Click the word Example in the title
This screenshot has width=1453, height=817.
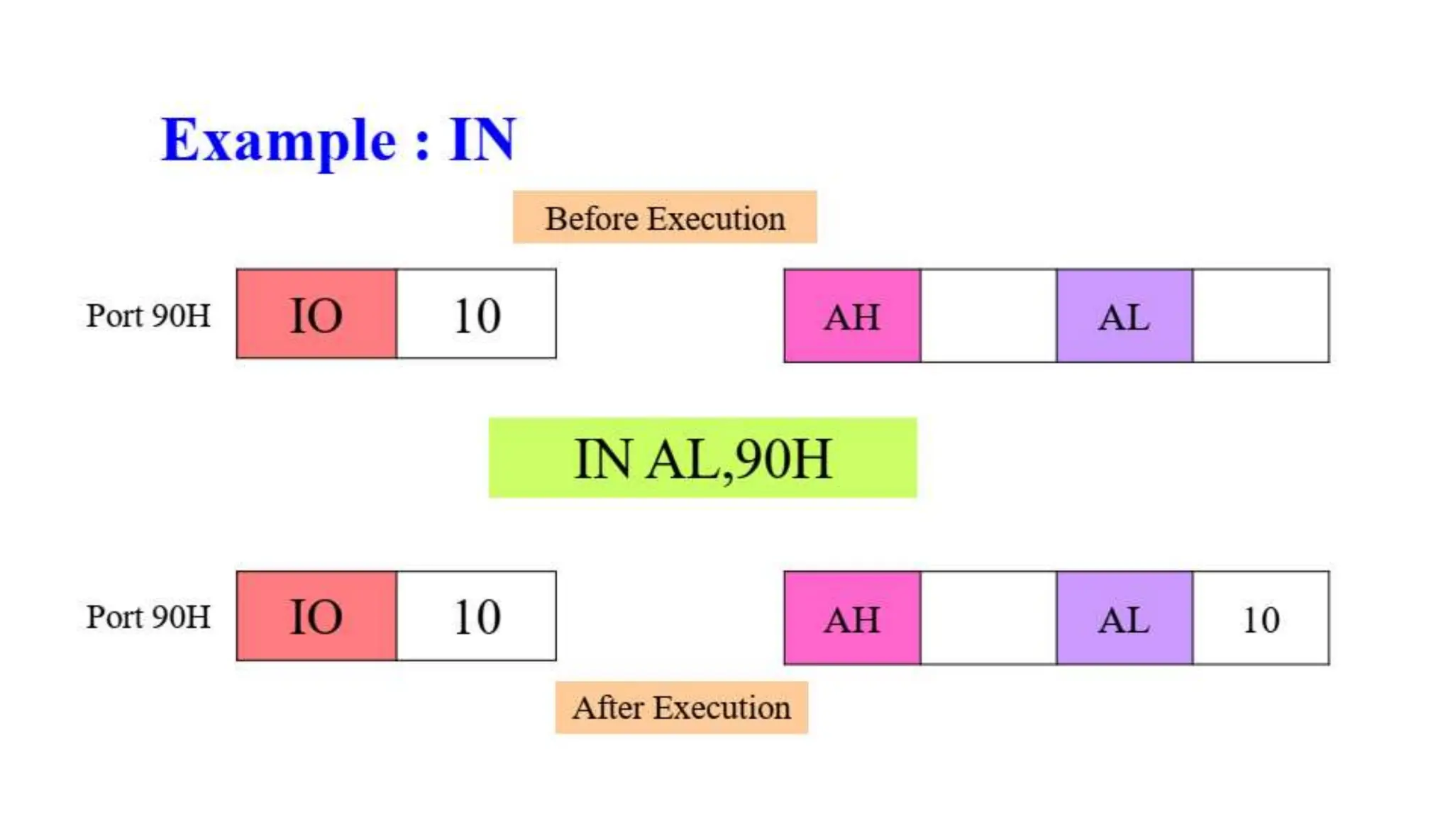278,140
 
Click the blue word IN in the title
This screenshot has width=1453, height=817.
482,140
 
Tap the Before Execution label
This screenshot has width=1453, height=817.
665,218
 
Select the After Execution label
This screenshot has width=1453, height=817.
681,708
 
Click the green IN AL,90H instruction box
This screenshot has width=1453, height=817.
702,458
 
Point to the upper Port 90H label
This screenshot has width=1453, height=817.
148,316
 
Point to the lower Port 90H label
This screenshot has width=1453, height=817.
148,617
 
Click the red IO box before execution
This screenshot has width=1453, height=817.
316,314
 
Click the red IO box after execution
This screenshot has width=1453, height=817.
316,616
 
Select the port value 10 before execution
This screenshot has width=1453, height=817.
477,314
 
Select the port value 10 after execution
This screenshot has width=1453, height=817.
477,616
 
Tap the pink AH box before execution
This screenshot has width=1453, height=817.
852,316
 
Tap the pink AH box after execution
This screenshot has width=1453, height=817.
852,618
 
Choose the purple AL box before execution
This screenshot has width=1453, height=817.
1125,316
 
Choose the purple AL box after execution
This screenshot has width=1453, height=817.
1125,618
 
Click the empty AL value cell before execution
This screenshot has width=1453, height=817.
1261,316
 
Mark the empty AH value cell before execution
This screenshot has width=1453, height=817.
988,316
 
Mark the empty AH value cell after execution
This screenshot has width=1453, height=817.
988,618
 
